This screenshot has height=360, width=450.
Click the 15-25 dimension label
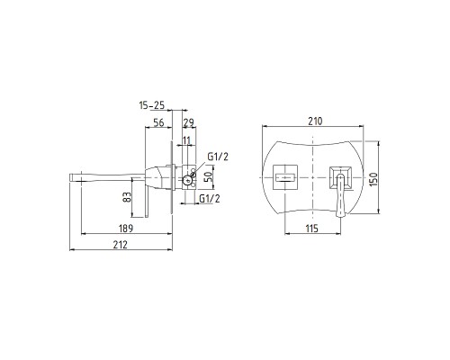152,105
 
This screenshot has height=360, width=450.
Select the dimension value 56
158,122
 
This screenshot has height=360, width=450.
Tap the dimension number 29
189,122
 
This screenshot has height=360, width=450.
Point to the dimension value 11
186,140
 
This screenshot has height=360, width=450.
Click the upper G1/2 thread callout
218,157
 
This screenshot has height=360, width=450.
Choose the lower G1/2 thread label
210,198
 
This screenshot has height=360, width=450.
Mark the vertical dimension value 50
208,177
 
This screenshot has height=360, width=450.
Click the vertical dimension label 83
127,197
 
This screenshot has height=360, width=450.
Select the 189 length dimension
126,229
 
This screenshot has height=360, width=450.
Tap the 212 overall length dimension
121,245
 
